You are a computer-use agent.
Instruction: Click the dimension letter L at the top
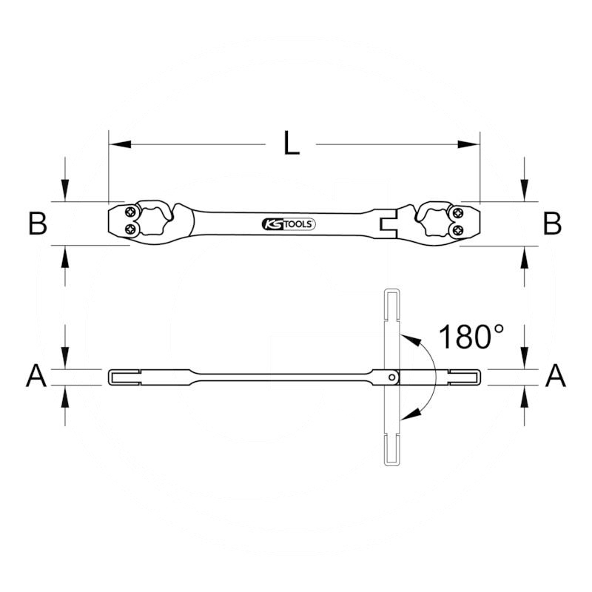coord(292,144)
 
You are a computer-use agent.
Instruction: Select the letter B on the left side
coord(38,223)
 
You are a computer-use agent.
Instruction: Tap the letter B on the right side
coord(552,223)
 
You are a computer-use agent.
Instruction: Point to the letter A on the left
coord(36,377)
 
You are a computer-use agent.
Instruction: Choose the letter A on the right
coord(555,377)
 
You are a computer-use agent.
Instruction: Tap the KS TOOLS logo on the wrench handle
coord(289,223)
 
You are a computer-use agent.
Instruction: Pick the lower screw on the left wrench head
coord(131,230)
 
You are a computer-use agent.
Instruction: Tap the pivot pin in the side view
coord(391,377)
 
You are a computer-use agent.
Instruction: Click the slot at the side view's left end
coord(126,377)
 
